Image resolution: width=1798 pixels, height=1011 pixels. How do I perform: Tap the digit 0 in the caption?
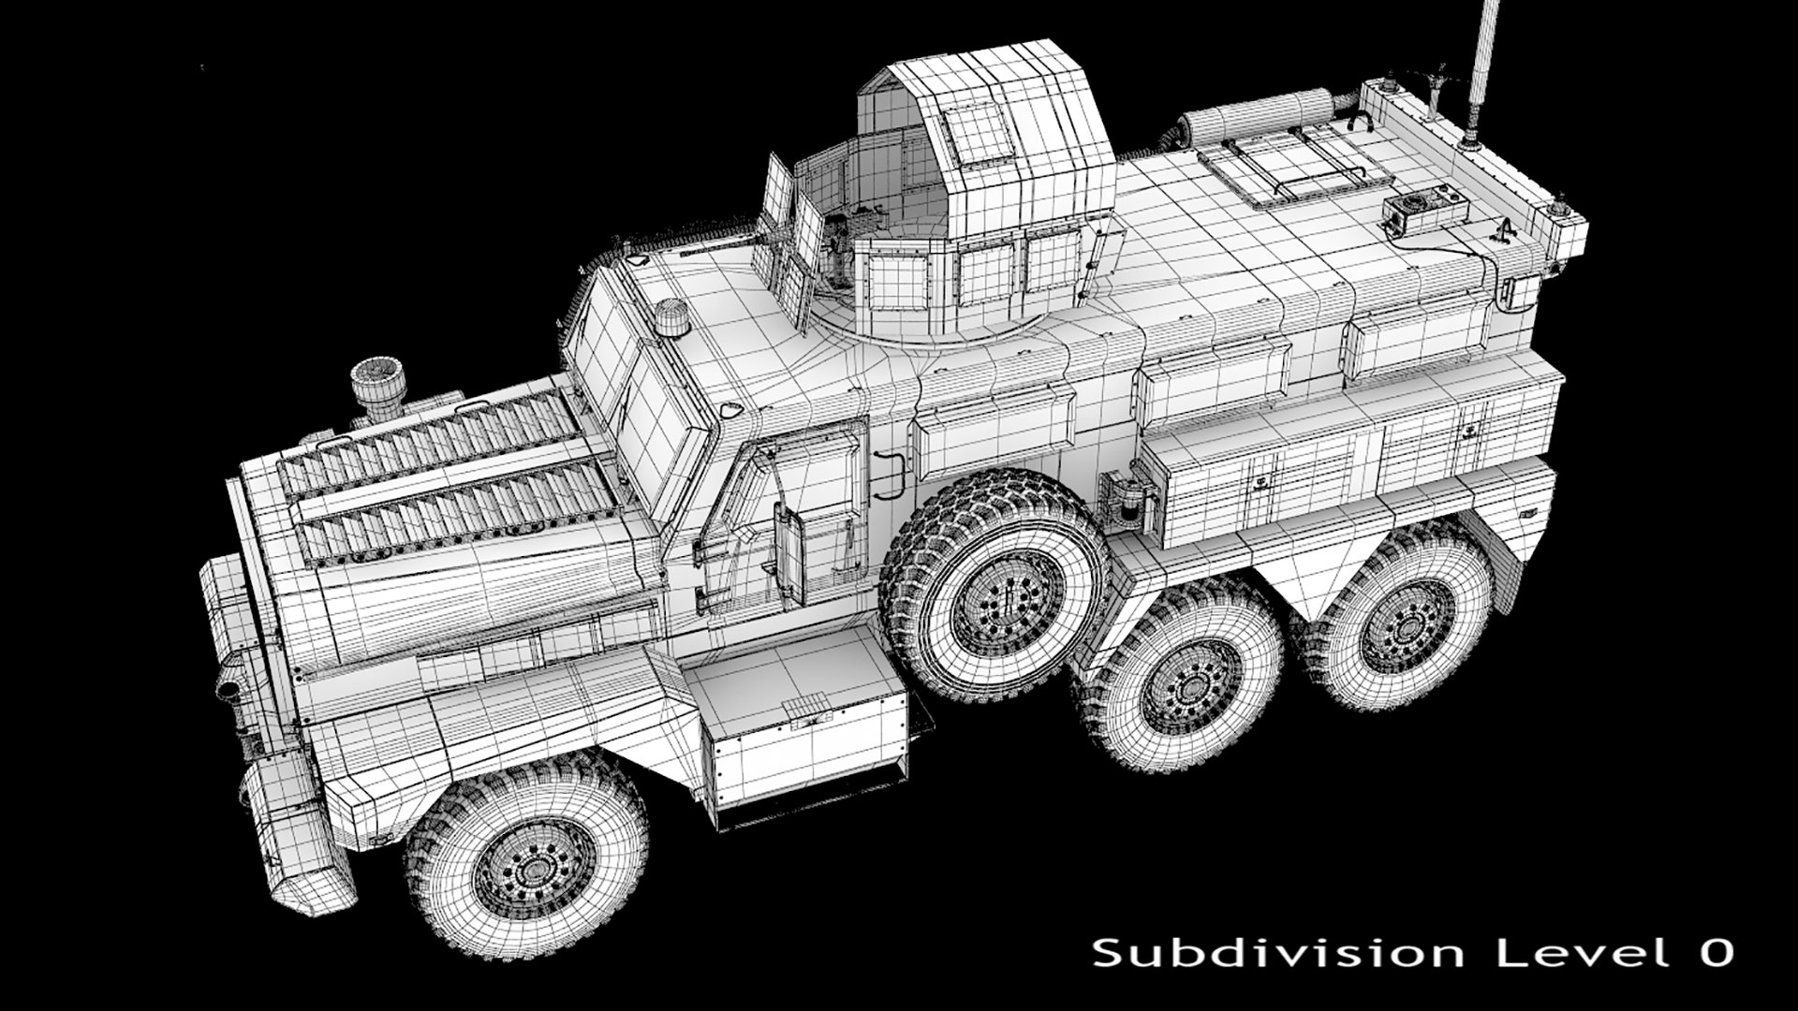coord(1713,954)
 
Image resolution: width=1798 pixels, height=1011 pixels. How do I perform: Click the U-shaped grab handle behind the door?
coord(891,473)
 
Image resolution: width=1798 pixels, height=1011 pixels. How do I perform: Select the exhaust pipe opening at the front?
coord(227,690)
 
